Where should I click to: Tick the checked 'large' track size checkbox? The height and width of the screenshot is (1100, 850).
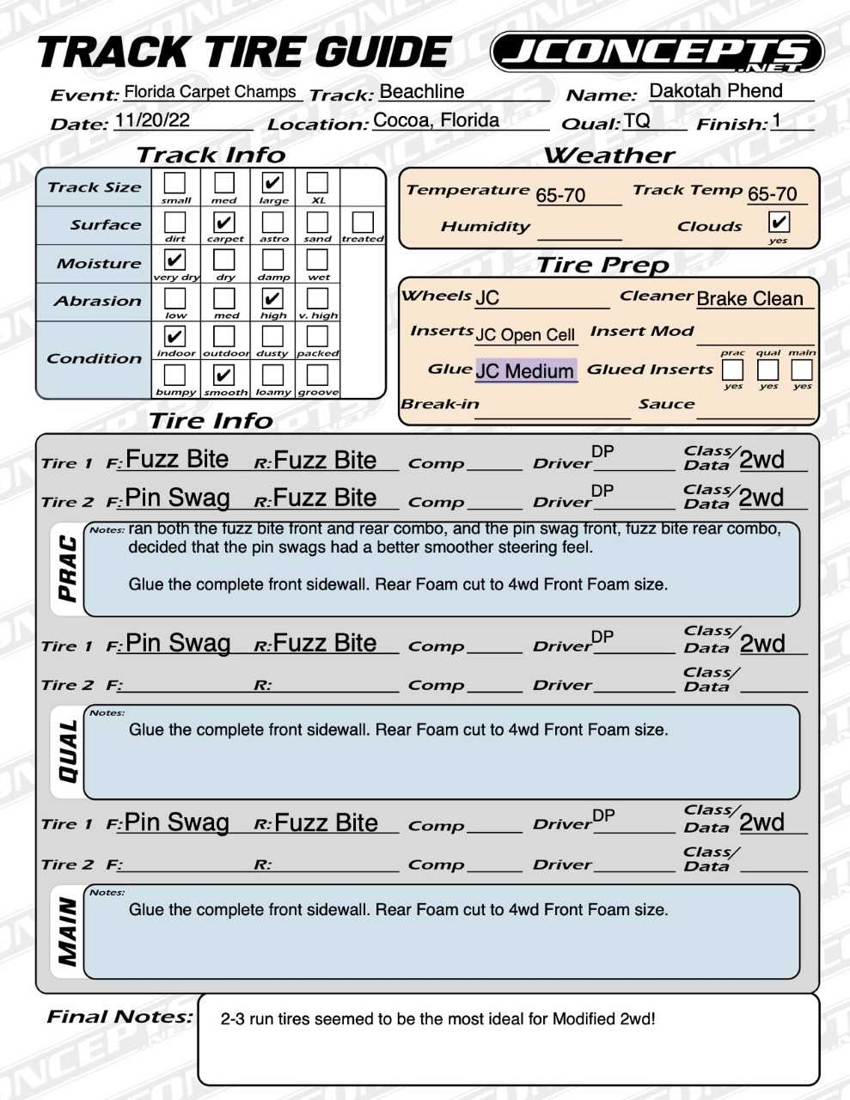272,182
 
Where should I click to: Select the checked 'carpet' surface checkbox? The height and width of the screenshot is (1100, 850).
224,222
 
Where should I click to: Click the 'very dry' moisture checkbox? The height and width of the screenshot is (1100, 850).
174,260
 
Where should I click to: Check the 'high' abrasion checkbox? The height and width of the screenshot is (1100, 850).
272,298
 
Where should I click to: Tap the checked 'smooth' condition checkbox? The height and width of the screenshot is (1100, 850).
223,375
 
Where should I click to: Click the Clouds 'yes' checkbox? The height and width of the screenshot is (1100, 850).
779,223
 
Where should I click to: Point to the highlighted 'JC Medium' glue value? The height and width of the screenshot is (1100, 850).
524,370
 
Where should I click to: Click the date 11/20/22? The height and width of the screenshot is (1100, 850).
152,119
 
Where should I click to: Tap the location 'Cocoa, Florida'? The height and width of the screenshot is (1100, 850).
436,119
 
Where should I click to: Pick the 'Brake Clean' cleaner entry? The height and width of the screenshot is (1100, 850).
749,298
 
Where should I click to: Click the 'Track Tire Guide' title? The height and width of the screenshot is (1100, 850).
244,53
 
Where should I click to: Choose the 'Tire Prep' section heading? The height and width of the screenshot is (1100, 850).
602,265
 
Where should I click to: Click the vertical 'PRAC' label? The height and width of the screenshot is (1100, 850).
67,568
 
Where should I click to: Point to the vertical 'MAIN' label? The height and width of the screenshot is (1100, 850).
67,932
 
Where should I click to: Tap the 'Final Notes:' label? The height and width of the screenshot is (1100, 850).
119,1017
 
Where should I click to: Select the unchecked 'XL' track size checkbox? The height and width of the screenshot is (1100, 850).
317,182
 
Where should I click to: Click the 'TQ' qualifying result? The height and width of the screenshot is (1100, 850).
637,120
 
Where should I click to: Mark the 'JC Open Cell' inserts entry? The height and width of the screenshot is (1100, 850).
524,334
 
